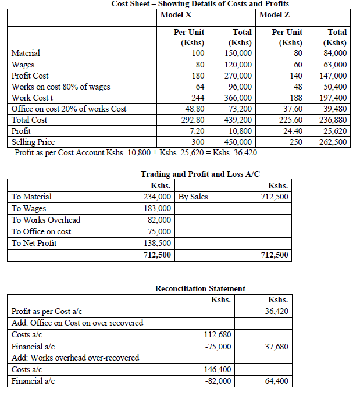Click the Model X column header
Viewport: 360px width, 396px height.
[x=179, y=13]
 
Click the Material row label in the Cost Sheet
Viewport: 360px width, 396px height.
[x=27, y=53]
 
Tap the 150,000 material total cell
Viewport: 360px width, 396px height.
[x=238, y=53]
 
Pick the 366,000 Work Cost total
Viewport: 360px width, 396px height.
[x=238, y=98]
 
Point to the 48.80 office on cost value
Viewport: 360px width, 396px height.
[x=194, y=109]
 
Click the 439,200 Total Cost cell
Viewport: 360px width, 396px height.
[x=238, y=120]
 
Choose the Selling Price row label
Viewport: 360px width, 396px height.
[x=33, y=142]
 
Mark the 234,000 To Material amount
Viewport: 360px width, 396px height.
[x=158, y=197]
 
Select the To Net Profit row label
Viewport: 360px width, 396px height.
[x=34, y=243]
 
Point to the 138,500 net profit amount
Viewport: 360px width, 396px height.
[x=158, y=243]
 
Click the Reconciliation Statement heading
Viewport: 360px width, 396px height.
[x=200, y=288]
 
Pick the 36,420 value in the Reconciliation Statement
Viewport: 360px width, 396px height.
[x=276, y=312]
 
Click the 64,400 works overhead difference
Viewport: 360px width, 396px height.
[x=276, y=381]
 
